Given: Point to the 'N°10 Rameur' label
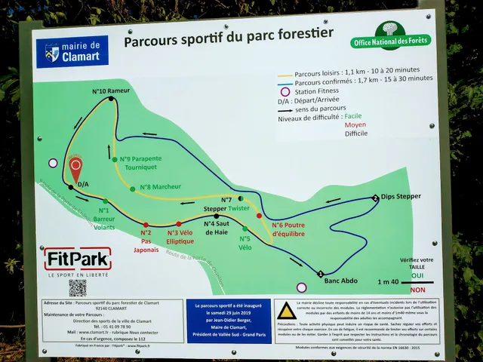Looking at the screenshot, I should pyautogui.click(x=110, y=91).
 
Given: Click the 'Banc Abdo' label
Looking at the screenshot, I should pyautogui.click(x=340, y=281).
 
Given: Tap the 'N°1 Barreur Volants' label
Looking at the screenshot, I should pyautogui.click(x=104, y=217).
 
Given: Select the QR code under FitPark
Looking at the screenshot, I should pyautogui.click(x=78, y=288).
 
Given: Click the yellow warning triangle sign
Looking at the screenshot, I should pyautogui.click(x=285, y=312).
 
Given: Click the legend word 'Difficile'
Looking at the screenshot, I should pyautogui.click(x=356, y=133).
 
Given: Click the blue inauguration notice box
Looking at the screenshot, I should pyautogui.click(x=229, y=321).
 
